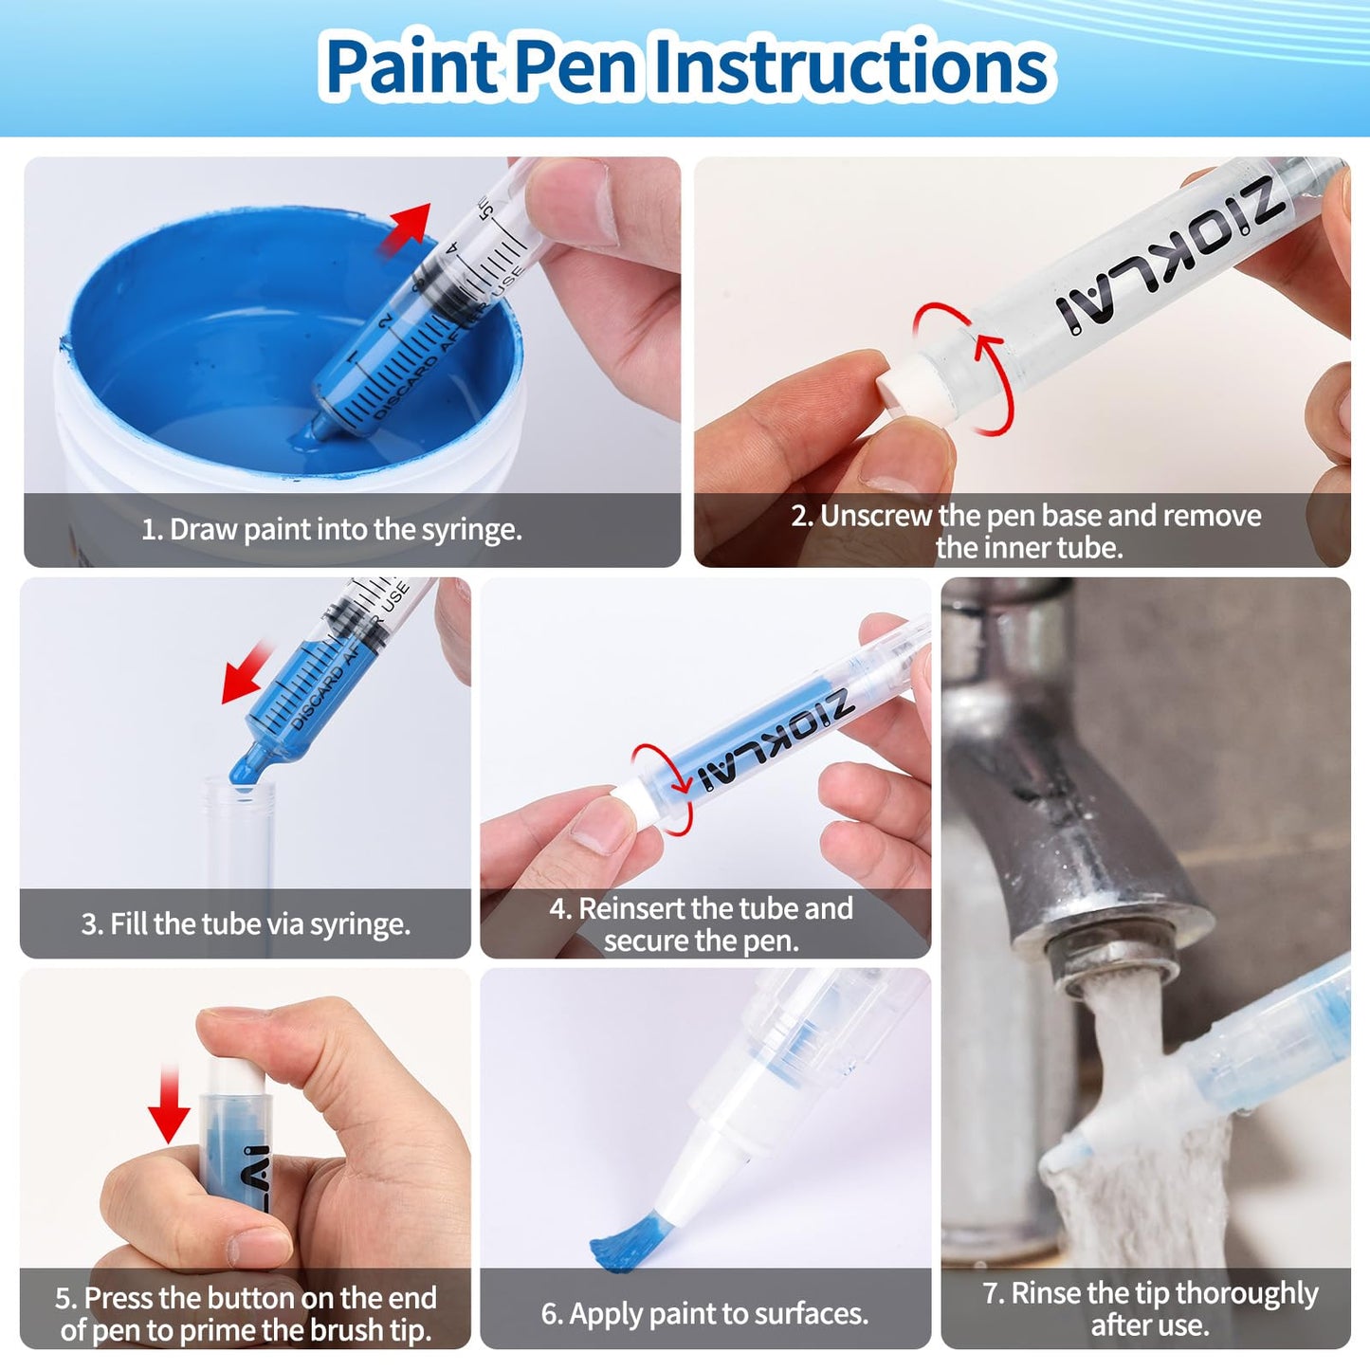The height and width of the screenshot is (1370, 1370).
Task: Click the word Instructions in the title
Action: [x=850, y=66]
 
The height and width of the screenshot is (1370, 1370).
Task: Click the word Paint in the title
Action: [x=410, y=66]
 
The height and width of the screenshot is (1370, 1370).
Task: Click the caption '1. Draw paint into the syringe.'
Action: [x=332, y=529]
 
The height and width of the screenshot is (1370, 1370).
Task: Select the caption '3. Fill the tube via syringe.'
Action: [x=246, y=923]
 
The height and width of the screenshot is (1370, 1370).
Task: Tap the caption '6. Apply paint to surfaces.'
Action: [x=704, y=1313]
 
